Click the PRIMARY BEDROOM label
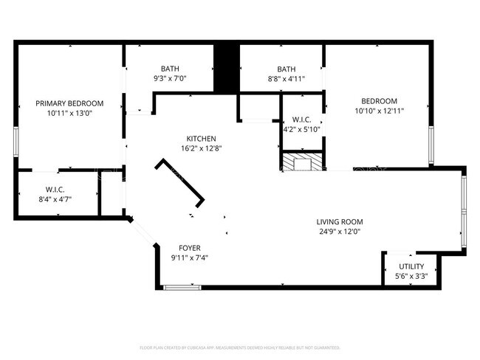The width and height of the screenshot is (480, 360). click(x=70, y=103)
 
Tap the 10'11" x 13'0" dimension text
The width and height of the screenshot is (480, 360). click(x=70, y=113)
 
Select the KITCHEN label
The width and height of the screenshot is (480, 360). click(x=201, y=139)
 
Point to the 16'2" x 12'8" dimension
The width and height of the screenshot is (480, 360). click(x=201, y=148)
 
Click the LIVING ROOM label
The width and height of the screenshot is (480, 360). click(x=340, y=221)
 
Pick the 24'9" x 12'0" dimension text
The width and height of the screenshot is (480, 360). click(x=340, y=231)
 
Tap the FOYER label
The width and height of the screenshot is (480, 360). click(x=190, y=248)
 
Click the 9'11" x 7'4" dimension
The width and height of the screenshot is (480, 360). click(x=190, y=257)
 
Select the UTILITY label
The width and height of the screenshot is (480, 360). click(x=411, y=266)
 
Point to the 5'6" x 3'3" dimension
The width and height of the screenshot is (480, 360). click(x=411, y=276)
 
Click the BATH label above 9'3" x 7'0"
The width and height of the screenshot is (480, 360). click(x=171, y=69)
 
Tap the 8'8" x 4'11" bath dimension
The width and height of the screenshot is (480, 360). click(x=287, y=78)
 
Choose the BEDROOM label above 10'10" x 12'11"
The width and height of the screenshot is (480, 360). click(x=379, y=101)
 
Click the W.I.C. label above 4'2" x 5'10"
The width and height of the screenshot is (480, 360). click(x=301, y=120)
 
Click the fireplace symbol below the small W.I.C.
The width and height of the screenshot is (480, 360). click(x=301, y=162)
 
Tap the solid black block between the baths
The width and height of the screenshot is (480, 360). click(x=225, y=69)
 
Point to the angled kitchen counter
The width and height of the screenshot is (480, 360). click(x=179, y=182)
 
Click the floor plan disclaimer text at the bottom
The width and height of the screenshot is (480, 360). click(x=240, y=347)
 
